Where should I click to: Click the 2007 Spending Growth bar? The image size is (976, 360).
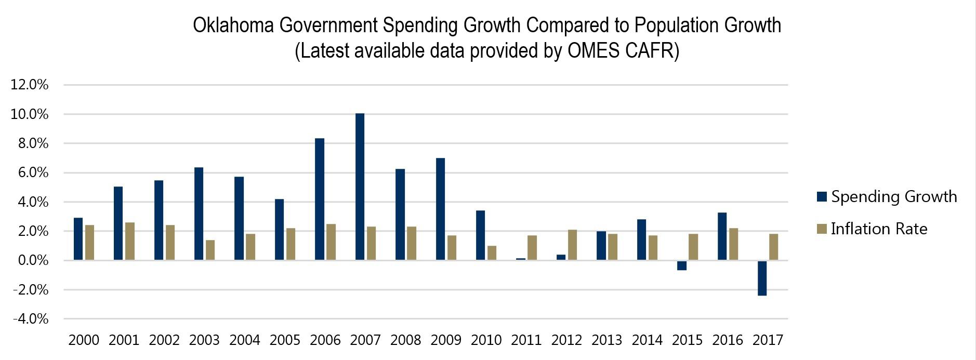(x=360, y=187)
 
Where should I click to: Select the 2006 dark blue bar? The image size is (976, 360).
(x=320, y=199)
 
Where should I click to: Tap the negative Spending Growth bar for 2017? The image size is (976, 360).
(x=762, y=278)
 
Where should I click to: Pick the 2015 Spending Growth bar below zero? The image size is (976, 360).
(x=682, y=265)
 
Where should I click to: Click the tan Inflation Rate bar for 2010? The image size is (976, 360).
(x=492, y=253)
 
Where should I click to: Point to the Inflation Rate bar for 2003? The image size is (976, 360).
(x=210, y=250)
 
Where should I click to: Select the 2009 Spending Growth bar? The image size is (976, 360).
(x=440, y=209)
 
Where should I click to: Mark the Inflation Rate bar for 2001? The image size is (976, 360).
(x=129, y=241)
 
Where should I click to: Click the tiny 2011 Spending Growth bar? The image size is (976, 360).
(x=521, y=259)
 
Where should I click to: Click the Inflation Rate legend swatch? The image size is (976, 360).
(x=822, y=229)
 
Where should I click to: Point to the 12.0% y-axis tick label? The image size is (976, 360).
(x=30, y=85)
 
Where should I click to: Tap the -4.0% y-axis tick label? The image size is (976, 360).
(x=30, y=319)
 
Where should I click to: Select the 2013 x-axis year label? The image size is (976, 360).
(x=607, y=340)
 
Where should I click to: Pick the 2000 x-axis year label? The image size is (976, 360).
(x=84, y=340)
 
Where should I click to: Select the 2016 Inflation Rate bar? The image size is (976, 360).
(x=733, y=244)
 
